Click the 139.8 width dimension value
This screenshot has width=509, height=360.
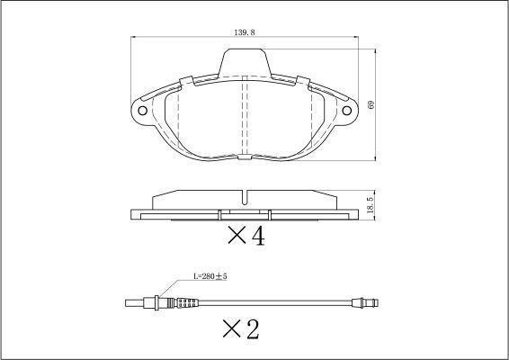(245, 32)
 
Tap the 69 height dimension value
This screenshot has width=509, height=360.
(371, 104)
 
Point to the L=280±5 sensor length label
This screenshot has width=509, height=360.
(210, 276)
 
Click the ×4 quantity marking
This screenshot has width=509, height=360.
(246, 236)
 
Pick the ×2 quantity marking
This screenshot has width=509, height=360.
(241, 328)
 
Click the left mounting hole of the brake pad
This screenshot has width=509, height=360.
(142, 111)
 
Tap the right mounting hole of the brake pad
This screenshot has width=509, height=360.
(347, 111)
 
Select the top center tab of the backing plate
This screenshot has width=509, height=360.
(245, 63)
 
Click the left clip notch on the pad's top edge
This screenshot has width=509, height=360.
(187, 81)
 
